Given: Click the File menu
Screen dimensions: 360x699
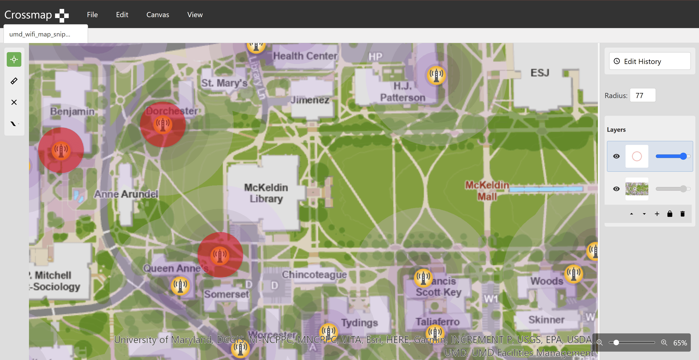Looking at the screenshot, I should [x=92, y=15].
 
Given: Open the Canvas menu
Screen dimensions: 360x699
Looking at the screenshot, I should [x=158, y=15].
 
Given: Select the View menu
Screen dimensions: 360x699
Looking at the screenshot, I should [x=195, y=15].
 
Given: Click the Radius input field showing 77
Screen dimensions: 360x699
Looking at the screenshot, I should [x=642, y=96].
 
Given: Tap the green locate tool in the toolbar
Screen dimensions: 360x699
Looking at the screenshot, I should [x=14, y=59].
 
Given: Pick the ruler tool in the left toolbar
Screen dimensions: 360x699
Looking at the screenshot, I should [x=14, y=81].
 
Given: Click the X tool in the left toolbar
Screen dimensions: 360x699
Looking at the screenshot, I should [x=14, y=102].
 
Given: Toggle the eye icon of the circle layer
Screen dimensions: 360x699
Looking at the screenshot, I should [x=616, y=156].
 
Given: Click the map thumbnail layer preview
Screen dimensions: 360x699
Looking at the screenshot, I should [x=637, y=189].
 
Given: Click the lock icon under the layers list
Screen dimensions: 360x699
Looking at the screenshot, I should [x=670, y=214].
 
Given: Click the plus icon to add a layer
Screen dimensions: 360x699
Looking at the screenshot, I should [x=657, y=214].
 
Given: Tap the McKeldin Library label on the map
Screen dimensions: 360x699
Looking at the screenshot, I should [x=266, y=193].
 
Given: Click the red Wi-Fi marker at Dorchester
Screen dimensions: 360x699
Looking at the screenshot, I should [x=163, y=124].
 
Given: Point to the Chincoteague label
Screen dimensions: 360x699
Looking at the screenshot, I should [x=314, y=275].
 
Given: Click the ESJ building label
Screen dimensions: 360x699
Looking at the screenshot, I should [x=540, y=73].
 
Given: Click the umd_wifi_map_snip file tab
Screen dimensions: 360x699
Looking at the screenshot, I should [x=40, y=34].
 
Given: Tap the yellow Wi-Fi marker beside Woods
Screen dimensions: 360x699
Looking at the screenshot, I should [x=573, y=274].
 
